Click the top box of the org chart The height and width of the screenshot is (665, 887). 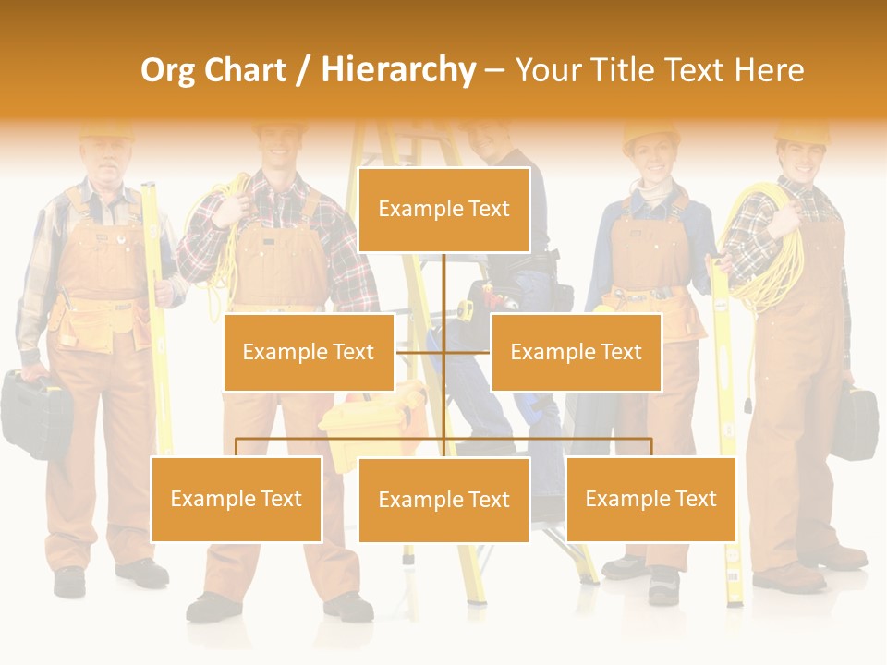pos(443,210)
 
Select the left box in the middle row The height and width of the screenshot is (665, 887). pos(309,352)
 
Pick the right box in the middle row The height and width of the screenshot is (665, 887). pos(576,352)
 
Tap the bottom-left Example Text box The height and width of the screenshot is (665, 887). pos(236,499)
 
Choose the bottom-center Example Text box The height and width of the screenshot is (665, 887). pos(443,500)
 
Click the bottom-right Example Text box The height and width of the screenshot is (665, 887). pos(650,499)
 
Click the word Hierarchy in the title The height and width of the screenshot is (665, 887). pos(397,70)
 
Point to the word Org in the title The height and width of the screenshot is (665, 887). pos(169,70)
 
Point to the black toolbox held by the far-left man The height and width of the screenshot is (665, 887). pos(35,412)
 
